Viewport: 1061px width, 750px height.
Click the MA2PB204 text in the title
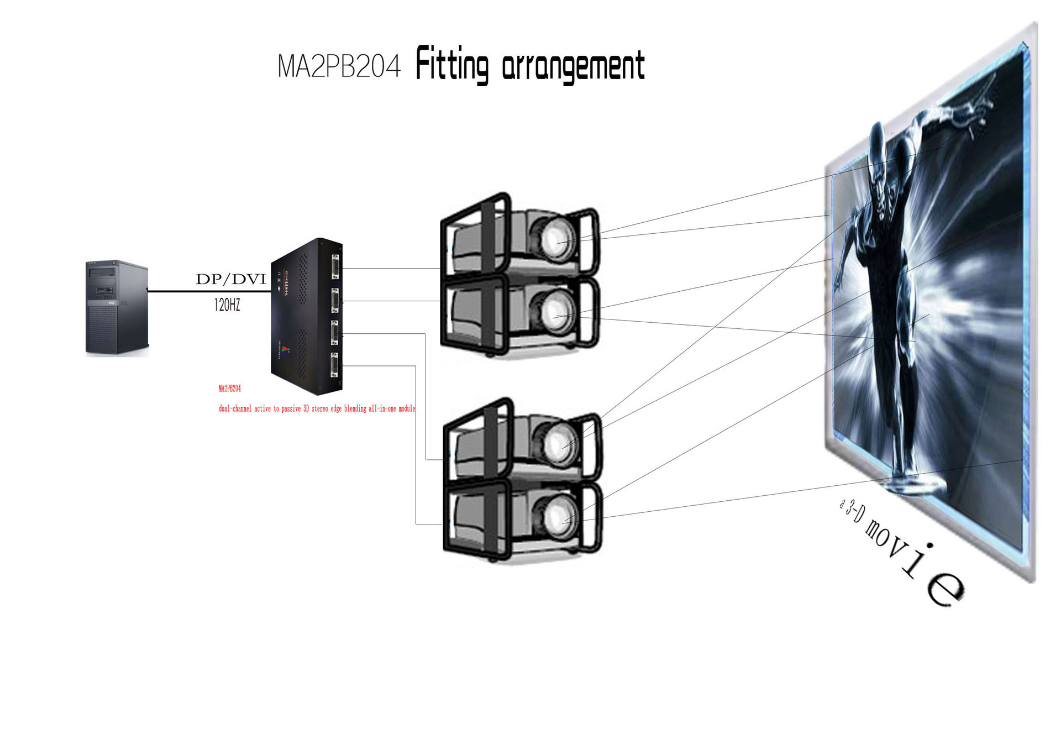(338, 67)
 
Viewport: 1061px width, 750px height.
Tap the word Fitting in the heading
(452, 65)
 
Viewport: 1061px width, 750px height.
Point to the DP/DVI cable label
(231, 279)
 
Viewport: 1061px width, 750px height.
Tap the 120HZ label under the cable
(227, 305)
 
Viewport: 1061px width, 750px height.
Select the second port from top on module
(335, 301)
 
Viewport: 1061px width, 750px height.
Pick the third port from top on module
(335, 333)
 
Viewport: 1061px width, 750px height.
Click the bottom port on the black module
(334, 365)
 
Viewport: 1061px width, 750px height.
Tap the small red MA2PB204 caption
(230, 389)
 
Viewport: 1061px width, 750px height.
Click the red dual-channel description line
(317, 408)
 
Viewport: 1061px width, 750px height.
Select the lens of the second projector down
(555, 313)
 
